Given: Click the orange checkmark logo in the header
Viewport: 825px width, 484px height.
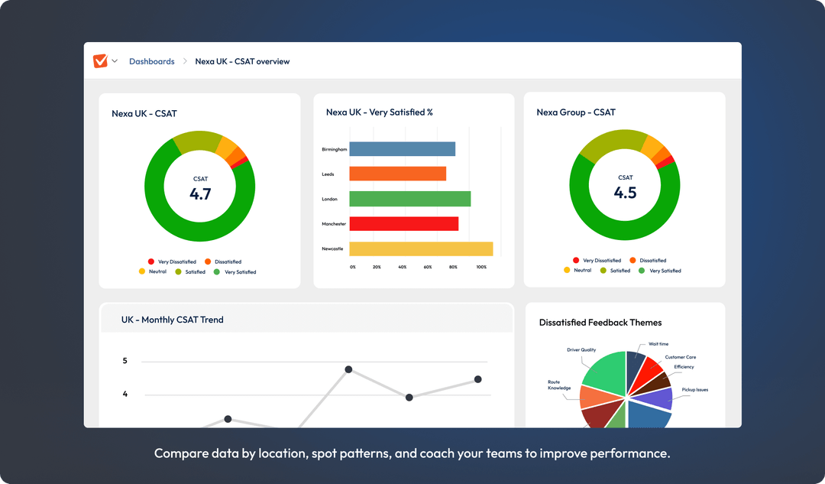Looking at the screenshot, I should coord(100,61).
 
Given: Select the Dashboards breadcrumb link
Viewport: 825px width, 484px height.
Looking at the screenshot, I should coord(151,61).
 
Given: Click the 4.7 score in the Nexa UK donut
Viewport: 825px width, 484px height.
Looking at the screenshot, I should coord(200,193).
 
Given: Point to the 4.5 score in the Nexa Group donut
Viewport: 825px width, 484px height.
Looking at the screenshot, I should coord(625,193).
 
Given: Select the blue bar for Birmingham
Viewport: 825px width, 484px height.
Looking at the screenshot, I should coord(402,149).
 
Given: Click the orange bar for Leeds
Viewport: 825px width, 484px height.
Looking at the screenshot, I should coord(397,174).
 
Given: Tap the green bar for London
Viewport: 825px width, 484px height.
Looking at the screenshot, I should coord(409,199).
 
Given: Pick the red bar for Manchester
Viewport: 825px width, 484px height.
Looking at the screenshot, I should coord(403,224).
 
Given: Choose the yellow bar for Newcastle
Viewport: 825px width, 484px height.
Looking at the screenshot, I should coord(421,248).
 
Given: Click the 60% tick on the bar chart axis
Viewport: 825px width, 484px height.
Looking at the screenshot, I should coord(428,267).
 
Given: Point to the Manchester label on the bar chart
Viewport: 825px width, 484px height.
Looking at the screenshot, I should coord(334,224).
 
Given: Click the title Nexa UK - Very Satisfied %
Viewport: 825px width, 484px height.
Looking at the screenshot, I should coord(379,112).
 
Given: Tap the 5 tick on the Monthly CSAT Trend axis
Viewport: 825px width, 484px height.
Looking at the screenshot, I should coord(125,361).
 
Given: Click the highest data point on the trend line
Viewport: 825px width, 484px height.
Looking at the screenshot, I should coord(348,369).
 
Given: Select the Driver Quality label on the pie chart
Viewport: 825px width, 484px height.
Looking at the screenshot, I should coord(581,350).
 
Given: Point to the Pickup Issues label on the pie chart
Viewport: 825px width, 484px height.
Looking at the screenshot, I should coord(694,390).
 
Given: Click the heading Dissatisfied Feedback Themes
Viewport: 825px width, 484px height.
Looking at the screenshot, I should coord(600,323).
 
